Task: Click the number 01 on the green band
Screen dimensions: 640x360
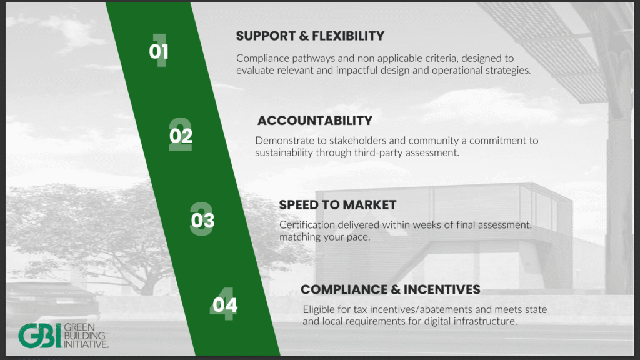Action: pos(159,52)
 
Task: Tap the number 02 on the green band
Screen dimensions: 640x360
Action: pos(181,136)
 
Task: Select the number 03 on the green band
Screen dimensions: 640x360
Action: pos(202,221)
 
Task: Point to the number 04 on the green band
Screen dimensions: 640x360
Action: pos(225,305)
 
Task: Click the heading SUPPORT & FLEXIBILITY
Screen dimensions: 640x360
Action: pos(310,36)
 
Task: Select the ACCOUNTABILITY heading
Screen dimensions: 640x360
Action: pos(315,121)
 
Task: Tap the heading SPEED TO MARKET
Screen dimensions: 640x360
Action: pos(337,205)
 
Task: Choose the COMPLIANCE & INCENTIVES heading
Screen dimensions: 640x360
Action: pos(390,289)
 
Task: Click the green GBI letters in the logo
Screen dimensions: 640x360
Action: pos(39,336)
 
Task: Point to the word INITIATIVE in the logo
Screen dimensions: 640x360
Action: pos(86,344)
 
